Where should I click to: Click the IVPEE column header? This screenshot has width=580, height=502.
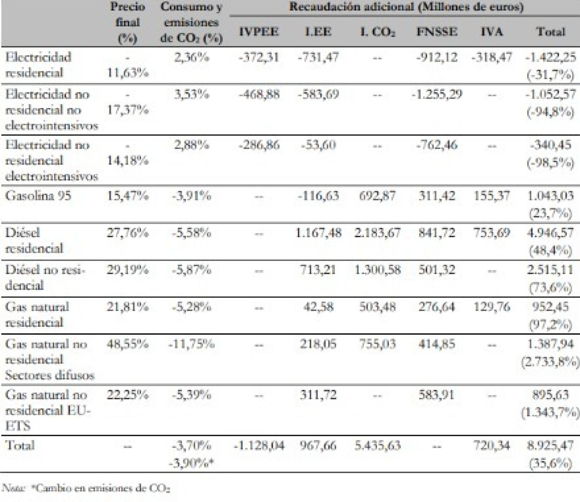259,32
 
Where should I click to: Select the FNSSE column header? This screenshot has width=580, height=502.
437,32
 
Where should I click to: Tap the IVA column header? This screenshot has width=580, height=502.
492,32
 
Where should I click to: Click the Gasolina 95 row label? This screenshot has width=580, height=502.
38,196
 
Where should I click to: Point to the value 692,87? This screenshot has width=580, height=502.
377,196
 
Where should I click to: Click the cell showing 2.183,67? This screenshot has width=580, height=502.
377,233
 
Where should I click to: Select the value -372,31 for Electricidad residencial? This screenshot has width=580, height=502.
259,57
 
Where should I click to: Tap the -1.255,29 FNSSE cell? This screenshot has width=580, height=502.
437,94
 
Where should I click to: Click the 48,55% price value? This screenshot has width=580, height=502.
127,344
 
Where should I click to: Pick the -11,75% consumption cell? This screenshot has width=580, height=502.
191,344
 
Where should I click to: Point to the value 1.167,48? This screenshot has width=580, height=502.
318,233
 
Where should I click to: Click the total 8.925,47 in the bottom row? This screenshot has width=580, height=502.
550,446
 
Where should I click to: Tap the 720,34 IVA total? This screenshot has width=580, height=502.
492,446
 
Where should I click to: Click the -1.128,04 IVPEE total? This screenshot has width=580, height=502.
259,446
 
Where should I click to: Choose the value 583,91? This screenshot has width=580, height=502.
437,395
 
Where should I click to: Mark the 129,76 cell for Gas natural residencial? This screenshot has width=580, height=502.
492,307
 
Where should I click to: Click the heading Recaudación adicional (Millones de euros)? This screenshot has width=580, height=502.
406,7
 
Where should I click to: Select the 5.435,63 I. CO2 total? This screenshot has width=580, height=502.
377,446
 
